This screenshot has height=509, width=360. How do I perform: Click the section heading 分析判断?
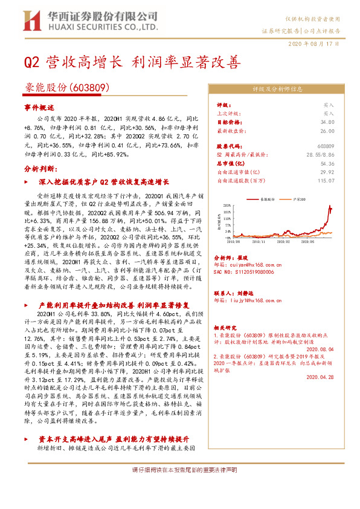[40, 169]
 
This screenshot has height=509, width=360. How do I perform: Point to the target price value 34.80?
[328, 122]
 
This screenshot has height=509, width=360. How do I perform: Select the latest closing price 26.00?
[328, 130]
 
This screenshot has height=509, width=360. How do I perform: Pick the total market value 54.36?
[327, 163]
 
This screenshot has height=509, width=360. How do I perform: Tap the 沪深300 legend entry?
[298, 198]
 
